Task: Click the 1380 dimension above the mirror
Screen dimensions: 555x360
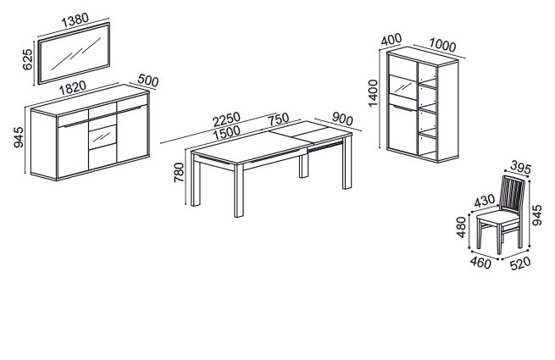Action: point(75,20)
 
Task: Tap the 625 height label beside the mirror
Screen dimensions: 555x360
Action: point(27,59)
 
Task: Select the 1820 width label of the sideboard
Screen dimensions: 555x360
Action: point(72,87)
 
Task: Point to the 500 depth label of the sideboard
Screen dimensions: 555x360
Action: point(148,80)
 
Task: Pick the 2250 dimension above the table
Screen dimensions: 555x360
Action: point(226,119)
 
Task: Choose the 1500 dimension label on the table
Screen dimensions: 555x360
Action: point(226,132)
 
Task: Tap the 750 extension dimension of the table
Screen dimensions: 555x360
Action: point(278,119)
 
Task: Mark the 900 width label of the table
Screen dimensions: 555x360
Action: point(342,119)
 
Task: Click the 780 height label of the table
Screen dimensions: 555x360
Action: point(179,173)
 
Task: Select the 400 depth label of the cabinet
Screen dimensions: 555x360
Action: point(391,39)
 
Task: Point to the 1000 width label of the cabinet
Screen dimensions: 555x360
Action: point(442,45)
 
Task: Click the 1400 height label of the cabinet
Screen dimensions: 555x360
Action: point(373,92)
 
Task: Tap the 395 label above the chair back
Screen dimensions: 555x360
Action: point(521,169)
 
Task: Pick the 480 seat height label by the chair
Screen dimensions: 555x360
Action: point(461,227)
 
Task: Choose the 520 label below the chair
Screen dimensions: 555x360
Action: point(520,263)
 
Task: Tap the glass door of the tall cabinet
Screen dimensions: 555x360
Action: point(402,87)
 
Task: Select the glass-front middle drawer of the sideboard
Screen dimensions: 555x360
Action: point(103,136)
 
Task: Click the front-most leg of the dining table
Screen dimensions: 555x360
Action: point(239,191)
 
